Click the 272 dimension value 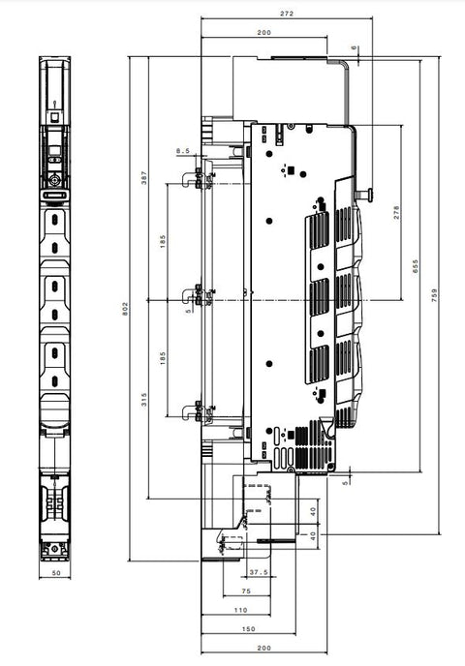point(287,14)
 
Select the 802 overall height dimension point(125,309)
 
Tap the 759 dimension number point(434,295)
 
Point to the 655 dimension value point(416,266)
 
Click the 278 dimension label point(396,212)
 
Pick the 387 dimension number point(144,177)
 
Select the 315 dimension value point(144,400)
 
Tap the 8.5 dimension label point(183,151)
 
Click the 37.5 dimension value point(259,572)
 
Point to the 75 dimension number point(246,590)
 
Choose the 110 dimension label point(240,610)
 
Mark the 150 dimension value point(248,629)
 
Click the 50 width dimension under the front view point(56,572)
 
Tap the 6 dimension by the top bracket point(354,47)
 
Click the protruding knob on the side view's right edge point(365,195)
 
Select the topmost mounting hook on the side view point(189,179)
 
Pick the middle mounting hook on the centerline point(189,296)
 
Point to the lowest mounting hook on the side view point(189,412)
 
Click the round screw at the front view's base point(55,548)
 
